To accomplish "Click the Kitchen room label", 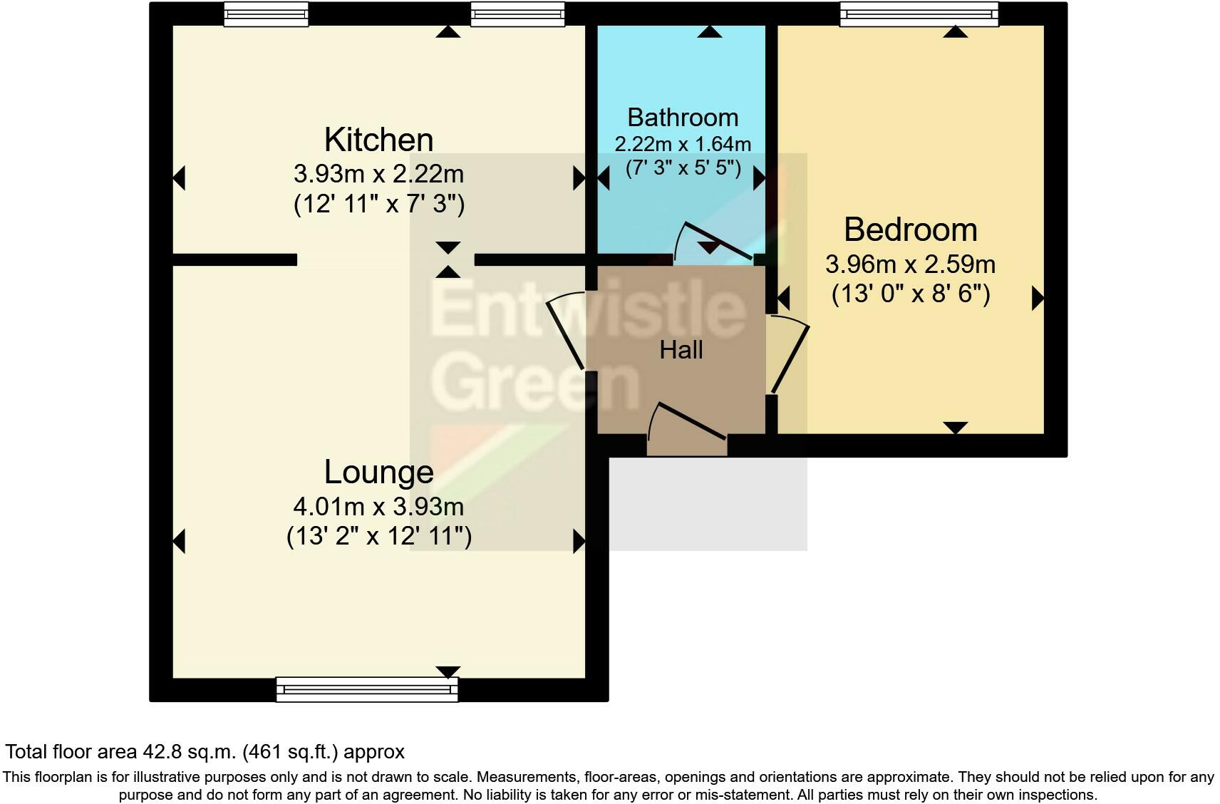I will (x=378, y=140).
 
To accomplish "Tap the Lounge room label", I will (x=378, y=472).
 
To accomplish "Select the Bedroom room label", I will (x=910, y=230).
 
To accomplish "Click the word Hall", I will (x=681, y=350).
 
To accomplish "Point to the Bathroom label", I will (x=682, y=117).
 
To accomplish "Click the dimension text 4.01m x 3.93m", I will (x=378, y=507).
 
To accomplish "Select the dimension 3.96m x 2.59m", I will (x=910, y=264).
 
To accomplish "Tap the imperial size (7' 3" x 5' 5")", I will (x=683, y=168).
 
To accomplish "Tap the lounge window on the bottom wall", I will (x=367, y=689).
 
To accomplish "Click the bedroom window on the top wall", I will (x=919, y=14).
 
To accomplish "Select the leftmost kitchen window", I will (x=266, y=14).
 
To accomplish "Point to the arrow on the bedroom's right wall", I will (x=1038, y=298).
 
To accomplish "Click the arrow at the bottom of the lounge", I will (x=448, y=671).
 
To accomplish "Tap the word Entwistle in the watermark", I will (x=588, y=311).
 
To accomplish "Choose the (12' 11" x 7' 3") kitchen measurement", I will (x=378, y=205).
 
